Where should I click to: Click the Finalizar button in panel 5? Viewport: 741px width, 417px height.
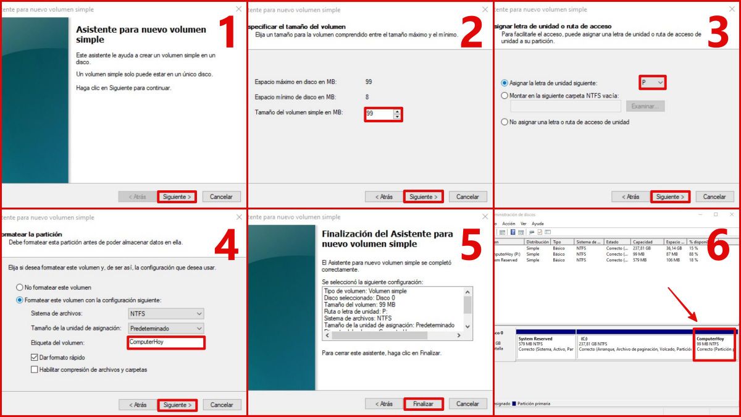424,404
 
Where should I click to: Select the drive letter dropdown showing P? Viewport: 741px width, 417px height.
652,82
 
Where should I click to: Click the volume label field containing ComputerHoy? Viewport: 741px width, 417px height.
165,342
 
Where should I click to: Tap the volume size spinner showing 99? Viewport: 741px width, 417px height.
383,114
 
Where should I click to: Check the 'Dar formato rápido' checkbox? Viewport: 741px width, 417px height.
35,357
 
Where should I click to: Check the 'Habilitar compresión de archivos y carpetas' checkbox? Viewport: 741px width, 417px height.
35,369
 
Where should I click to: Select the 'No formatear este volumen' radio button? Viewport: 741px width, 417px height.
20,287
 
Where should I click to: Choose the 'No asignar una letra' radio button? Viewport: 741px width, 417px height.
504,122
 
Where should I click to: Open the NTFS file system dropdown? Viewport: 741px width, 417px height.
165,314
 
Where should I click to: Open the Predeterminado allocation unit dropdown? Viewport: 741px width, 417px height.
165,328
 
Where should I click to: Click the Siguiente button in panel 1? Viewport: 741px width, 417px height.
177,196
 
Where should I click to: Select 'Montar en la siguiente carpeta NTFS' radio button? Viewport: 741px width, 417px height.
504,96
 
